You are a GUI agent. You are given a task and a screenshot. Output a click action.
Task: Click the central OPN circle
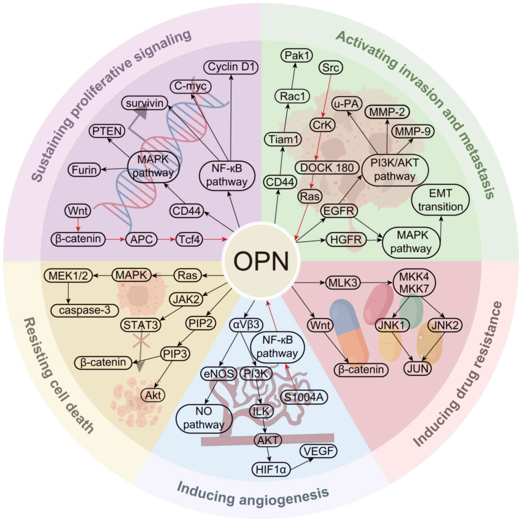pos(261,261)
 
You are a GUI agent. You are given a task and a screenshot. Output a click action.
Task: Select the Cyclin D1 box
pos(231,67)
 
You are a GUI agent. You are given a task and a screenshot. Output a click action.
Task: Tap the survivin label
pos(144,103)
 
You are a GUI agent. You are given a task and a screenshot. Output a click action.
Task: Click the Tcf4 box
pos(189,239)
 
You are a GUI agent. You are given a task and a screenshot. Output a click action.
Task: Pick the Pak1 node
pos(297,56)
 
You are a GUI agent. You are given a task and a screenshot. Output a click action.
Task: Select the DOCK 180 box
pos(327,168)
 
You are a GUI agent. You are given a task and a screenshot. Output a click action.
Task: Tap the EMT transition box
pos(441,200)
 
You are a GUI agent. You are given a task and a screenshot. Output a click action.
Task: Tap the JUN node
pos(417,368)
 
